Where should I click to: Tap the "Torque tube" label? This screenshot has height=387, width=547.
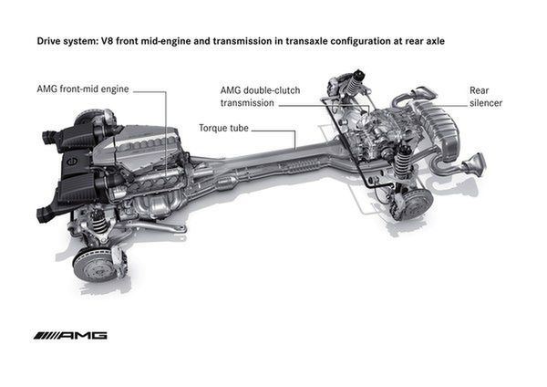(224, 128)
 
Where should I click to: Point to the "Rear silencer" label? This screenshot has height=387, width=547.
(486, 97)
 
